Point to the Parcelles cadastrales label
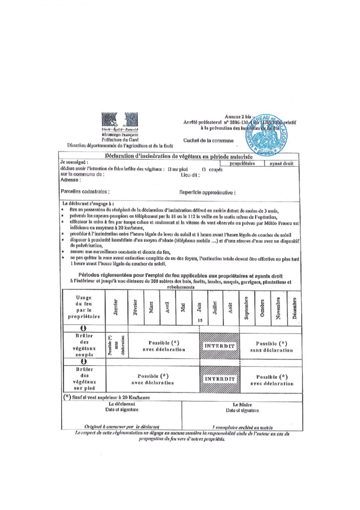click(85, 191)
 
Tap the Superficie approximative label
click(207, 192)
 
